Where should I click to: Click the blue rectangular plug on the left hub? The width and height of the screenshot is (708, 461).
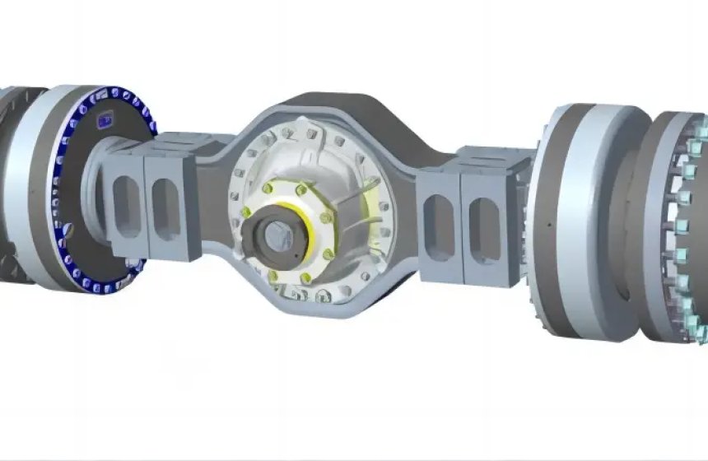pyautogui.click(x=105, y=122)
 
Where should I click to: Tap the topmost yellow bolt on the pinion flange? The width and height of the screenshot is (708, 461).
pyautogui.click(x=301, y=188)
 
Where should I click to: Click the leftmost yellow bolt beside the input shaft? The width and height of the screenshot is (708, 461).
pyautogui.click(x=246, y=212)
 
